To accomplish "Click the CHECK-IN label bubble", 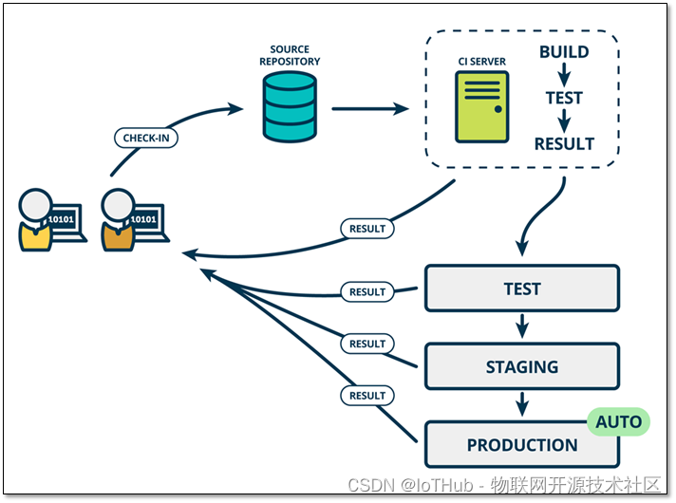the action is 146,138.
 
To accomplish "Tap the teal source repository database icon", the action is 290,107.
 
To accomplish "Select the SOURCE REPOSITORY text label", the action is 290,55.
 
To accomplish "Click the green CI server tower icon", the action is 482,107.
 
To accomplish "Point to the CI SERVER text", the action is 482,62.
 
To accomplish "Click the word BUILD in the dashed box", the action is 564,52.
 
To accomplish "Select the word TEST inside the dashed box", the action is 564,98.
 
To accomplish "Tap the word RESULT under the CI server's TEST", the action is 564,144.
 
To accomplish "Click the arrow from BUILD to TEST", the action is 564,75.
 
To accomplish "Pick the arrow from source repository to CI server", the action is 370,108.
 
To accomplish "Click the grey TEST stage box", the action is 522,289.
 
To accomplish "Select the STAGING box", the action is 522,366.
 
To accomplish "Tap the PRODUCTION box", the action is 522,444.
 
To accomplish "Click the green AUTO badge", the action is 619,421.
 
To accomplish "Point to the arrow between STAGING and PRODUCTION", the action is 522,404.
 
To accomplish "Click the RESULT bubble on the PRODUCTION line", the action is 367,395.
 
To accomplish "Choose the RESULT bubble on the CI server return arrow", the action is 367,229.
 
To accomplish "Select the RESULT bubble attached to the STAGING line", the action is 367,344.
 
